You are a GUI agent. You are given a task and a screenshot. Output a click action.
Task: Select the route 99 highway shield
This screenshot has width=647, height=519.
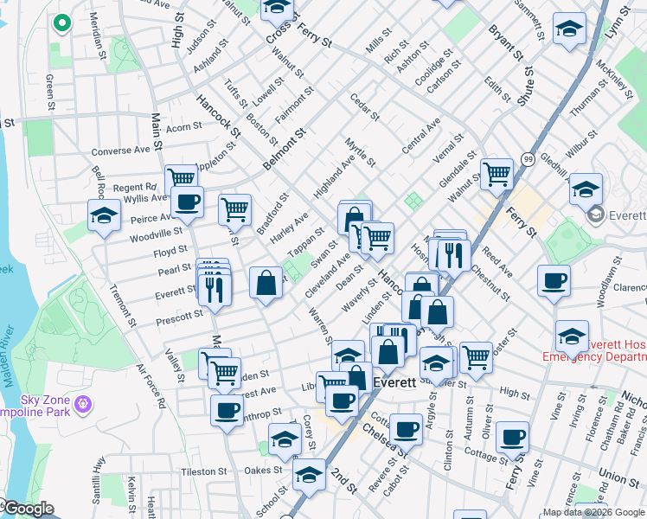527,158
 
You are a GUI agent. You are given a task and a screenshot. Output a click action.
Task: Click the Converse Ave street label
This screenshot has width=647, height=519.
121,151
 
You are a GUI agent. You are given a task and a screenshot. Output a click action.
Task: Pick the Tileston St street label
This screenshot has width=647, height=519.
203,472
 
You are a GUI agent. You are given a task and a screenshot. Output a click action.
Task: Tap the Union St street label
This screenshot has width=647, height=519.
618,477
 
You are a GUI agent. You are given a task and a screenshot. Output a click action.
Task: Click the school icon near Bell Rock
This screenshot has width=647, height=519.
103,216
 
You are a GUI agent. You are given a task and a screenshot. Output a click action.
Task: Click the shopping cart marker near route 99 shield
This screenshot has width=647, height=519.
496,174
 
